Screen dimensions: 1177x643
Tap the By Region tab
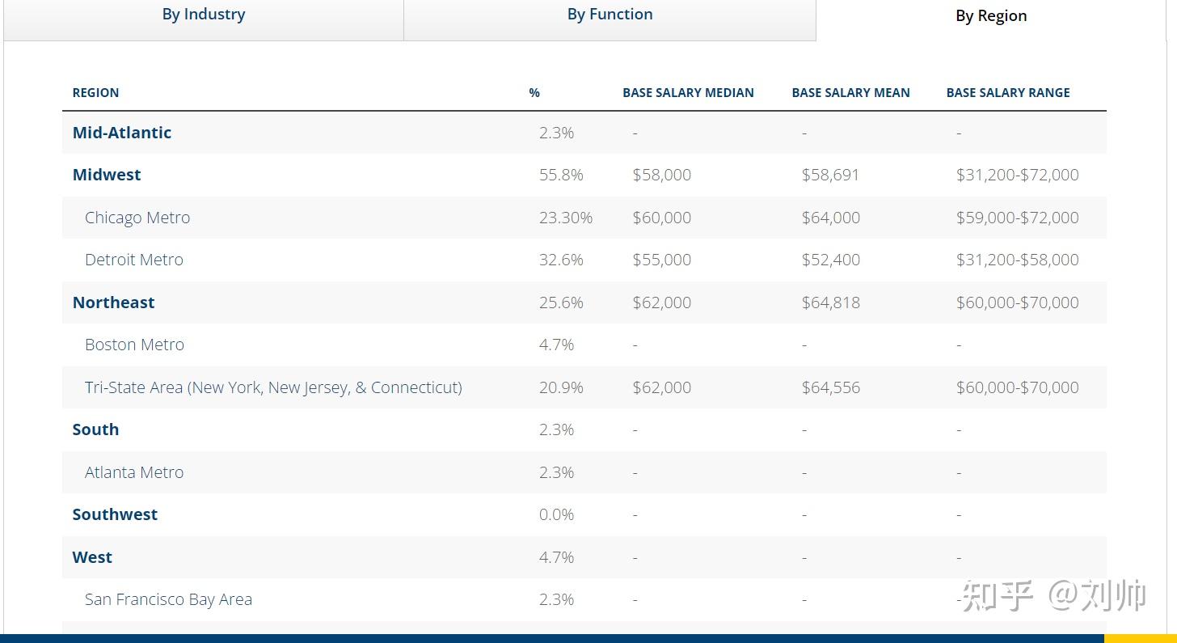[991, 16]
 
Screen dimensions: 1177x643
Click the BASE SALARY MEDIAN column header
[688, 92]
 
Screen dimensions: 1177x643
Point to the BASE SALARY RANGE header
[1008, 92]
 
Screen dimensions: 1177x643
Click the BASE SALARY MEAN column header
[850, 92]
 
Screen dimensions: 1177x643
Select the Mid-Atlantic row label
[122, 133]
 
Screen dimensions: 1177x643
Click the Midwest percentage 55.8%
[561, 175]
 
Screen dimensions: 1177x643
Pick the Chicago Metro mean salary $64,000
[831, 217]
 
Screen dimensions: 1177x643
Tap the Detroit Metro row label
[134, 259]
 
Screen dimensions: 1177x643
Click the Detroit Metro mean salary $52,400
[831, 259]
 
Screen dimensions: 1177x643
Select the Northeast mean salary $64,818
[831, 302]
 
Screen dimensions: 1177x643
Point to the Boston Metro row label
[134, 345]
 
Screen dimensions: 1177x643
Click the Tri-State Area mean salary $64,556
[831, 387]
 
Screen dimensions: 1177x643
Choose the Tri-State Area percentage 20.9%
[561, 387]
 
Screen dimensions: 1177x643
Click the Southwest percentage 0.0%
[556, 514]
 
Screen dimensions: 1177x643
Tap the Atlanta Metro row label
[134, 472]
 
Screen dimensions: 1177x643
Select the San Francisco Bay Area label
[168, 599]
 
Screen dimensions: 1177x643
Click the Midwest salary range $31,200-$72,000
[1017, 175]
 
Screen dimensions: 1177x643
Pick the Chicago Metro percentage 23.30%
[565, 217]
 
